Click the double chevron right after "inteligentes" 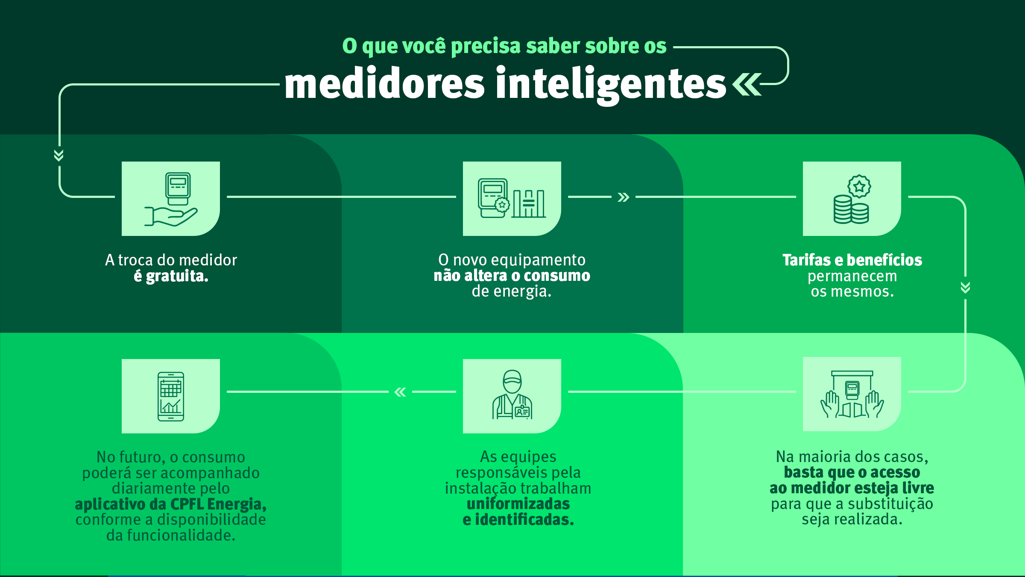(747, 84)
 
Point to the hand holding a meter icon (171, 199)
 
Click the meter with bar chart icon (512, 198)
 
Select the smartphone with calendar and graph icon (171, 396)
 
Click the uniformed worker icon (512, 394)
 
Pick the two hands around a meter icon (852, 394)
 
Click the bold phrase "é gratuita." (171, 276)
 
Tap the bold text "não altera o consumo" (512, 276)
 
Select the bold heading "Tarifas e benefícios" (852, 260)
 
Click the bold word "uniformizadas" (518, 504)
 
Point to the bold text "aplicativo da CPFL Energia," (171, 504)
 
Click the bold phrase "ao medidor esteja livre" (852, 488)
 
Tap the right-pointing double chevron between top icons (624, 197)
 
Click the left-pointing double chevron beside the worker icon (400, 392)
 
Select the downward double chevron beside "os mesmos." (965, 287)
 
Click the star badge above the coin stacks (859, 186)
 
